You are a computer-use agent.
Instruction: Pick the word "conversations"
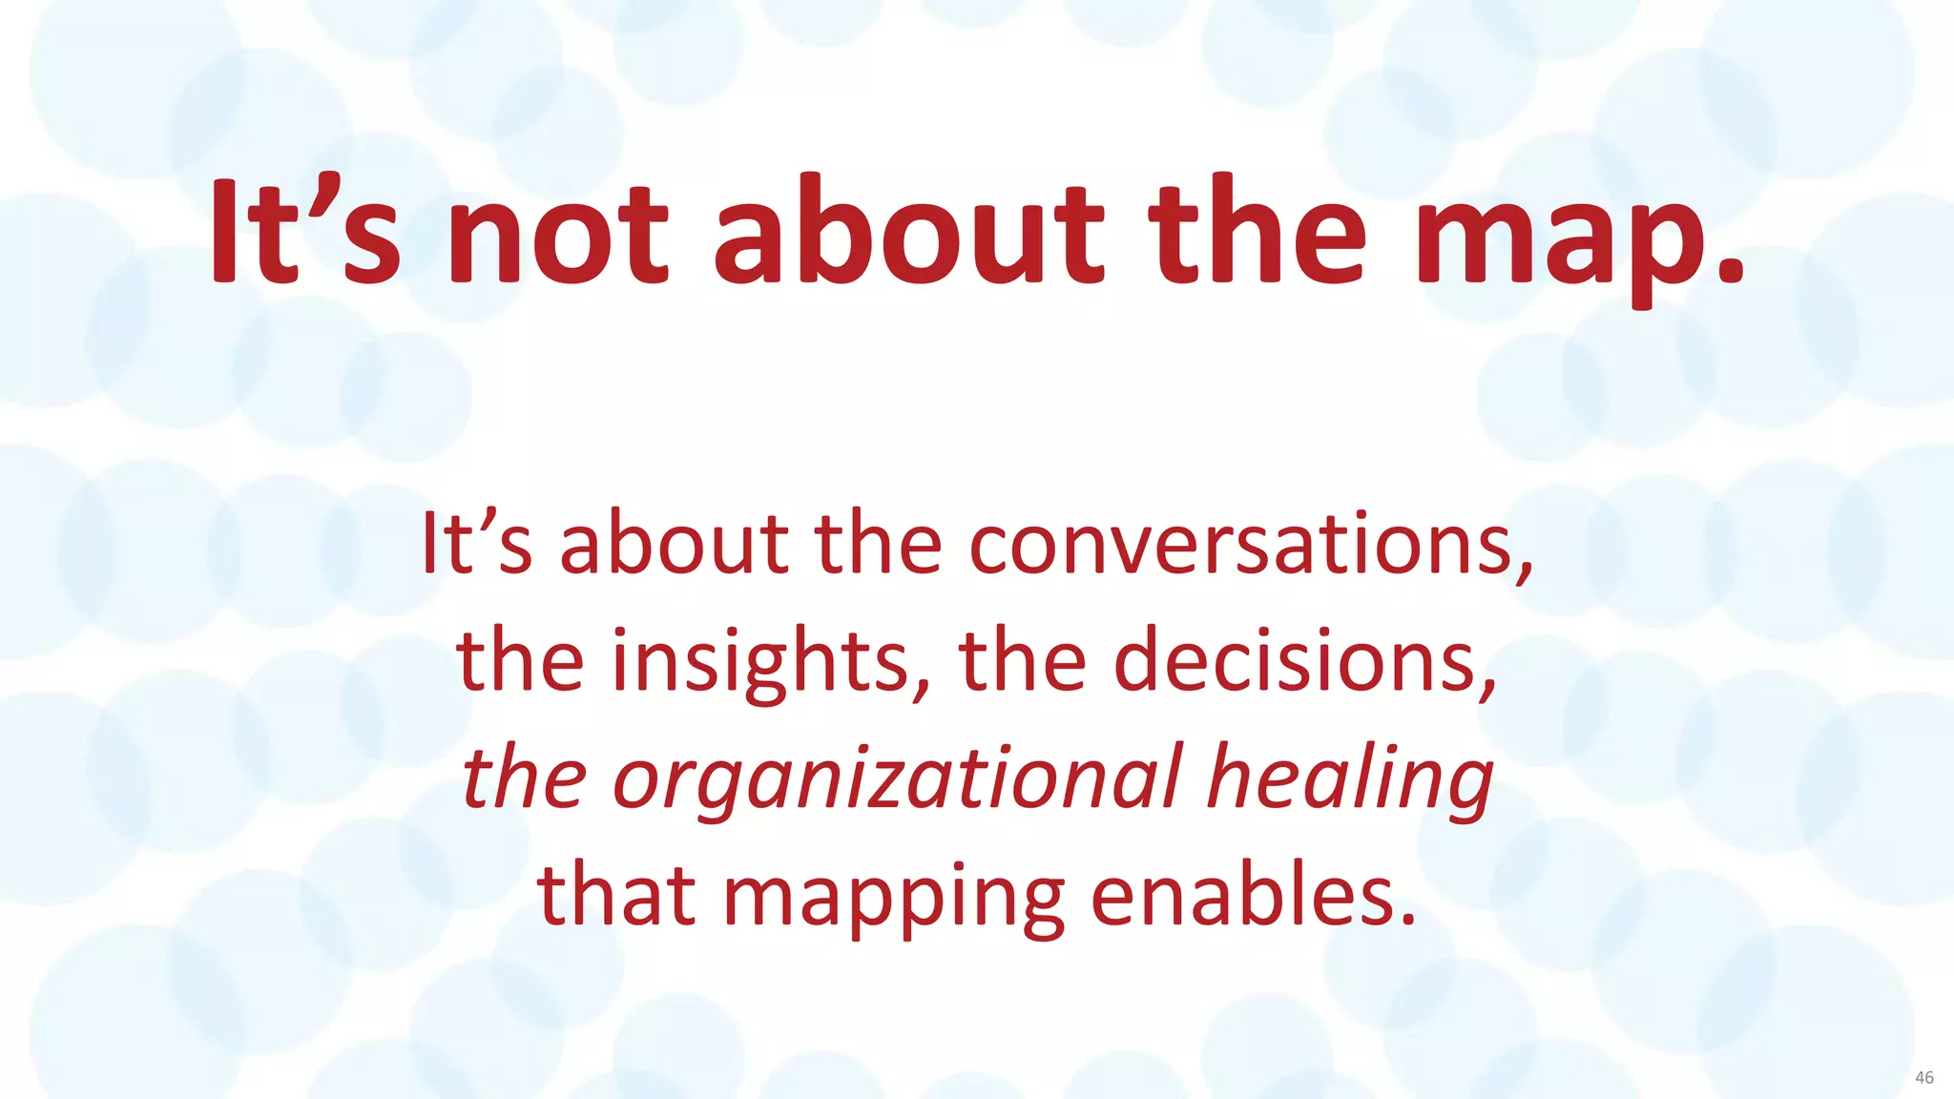point(1240,544)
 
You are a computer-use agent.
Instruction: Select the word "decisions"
point(1294,660)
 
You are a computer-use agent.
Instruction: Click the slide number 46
point(1923,1077)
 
